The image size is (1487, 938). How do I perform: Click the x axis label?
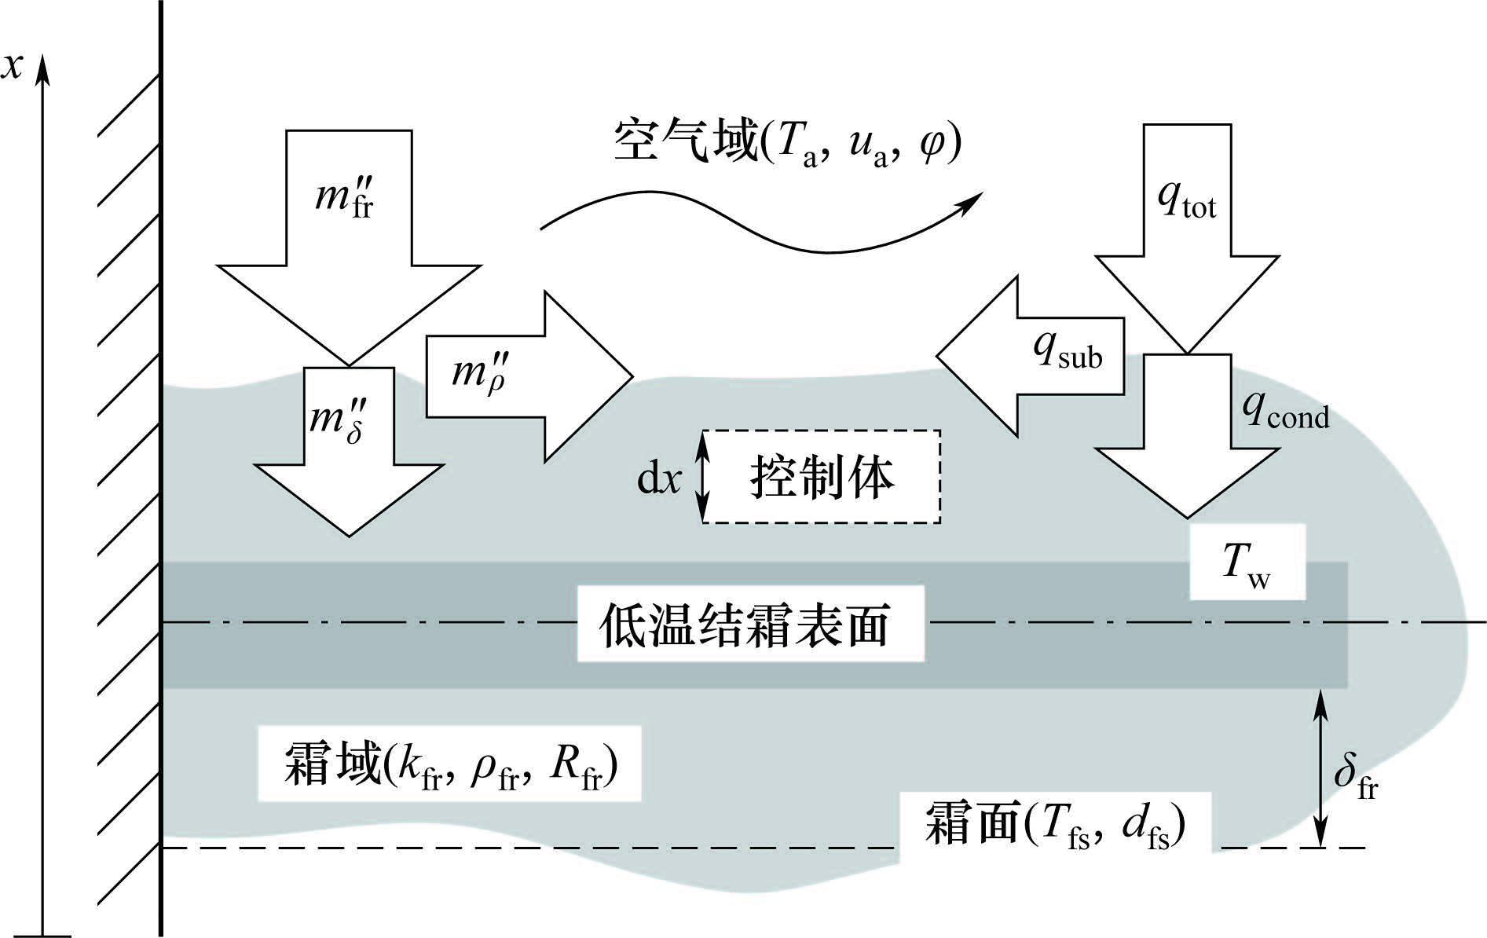click(12, 67)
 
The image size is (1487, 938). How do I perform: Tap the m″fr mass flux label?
click(344, 196)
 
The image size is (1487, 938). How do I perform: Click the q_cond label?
click(1285, 412)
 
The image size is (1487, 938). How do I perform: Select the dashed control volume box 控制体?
click(822, 477)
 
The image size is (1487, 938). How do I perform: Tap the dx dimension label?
click(658, 477)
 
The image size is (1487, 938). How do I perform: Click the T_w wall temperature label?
click(1246, 564)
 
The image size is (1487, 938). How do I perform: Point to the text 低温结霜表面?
click(745, 625)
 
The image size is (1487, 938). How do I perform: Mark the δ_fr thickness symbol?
click(1356, 776)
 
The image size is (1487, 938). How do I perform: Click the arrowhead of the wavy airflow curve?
click(972, 201)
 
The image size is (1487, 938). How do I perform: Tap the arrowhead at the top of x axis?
click(44, 69)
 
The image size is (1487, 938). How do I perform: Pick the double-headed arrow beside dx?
click(703, 477)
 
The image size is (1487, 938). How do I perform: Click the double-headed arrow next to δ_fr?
click(1321, 768)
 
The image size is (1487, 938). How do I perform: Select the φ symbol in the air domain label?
click(932, 143)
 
